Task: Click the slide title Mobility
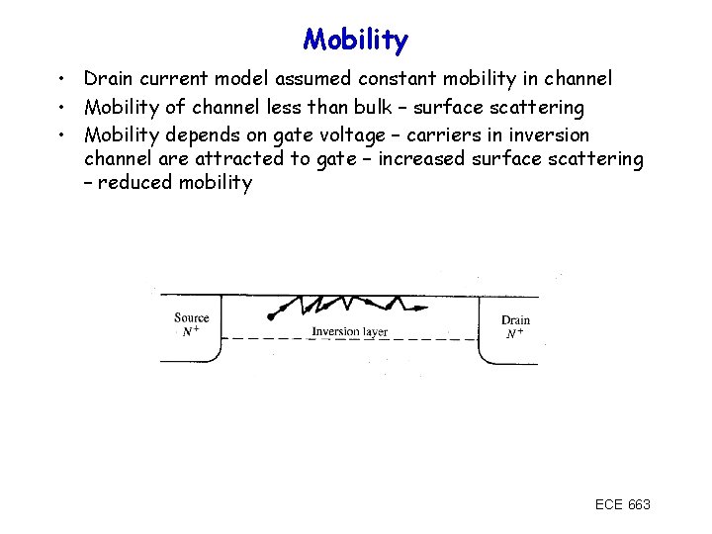[355, 41]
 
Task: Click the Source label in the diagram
[191, 317]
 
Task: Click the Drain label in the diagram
[515, 319]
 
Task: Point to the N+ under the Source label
[191, 332]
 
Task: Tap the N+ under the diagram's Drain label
[514, 334]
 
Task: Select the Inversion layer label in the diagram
[349, 331]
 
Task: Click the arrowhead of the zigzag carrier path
[421, 309]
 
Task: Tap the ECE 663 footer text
[622, 504]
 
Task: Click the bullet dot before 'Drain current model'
[61, 78]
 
